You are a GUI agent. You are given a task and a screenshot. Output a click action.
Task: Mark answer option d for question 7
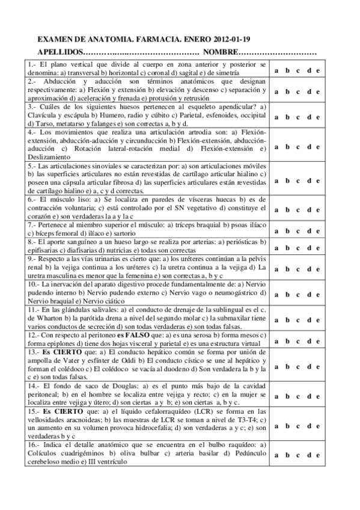(308, 230)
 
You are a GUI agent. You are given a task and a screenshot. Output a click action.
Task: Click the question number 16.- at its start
(33, 444)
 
